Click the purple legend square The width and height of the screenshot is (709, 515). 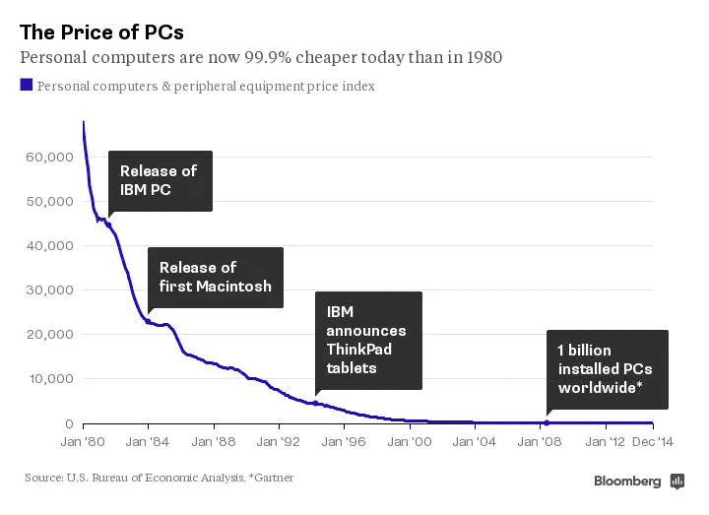pos(26,85)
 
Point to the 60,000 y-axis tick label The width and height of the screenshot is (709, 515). pos(48,157)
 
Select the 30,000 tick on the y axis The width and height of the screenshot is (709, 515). pos(48,290)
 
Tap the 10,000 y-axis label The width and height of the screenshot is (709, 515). pos(48,378)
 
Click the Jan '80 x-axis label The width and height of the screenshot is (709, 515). pos(83,442)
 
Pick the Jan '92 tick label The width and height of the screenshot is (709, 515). pos(282,442)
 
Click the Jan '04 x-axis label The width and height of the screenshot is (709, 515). pos(475,442)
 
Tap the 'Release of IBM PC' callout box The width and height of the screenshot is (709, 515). pos(159,180)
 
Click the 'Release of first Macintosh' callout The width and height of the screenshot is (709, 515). pos(215,277)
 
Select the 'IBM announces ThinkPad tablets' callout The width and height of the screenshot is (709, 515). pos(367,340)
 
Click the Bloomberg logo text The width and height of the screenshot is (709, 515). pos(627,481)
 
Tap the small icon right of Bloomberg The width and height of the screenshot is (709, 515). pos(677,481)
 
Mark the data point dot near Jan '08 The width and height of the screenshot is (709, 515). pos(547,422)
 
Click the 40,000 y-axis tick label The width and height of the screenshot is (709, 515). pos(48,245)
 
